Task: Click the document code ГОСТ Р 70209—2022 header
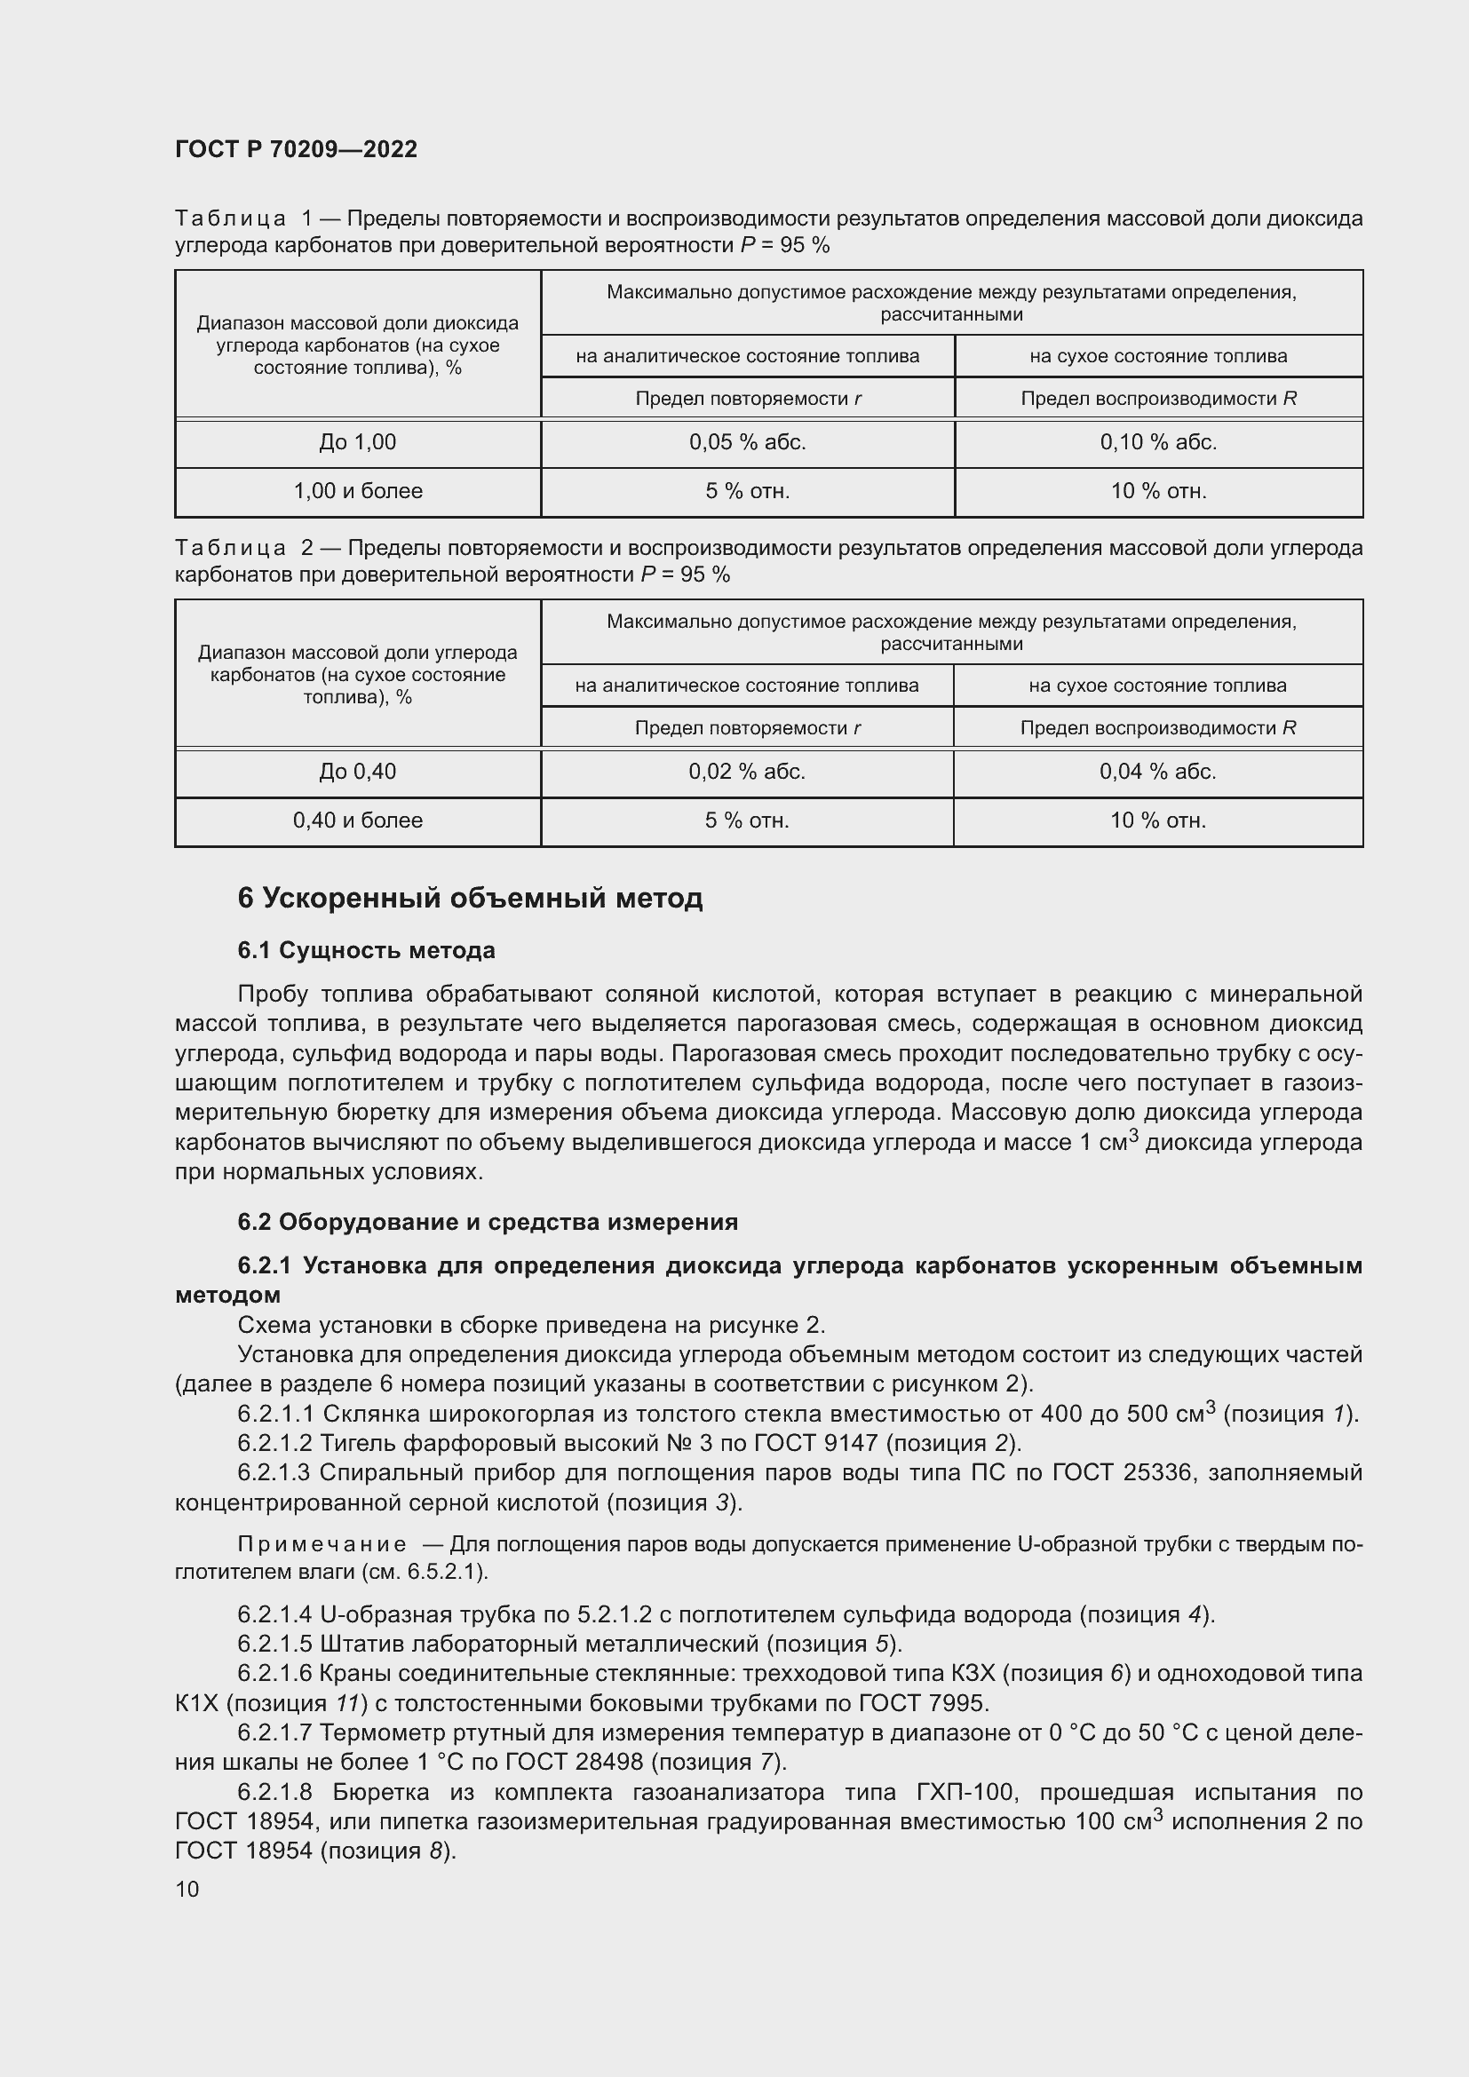point(296,149)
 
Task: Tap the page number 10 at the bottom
point(187,1889)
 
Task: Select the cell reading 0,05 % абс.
point(747,442)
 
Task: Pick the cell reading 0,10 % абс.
point(1158,442)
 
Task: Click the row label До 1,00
point(357,442)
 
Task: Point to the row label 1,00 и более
point(357,491)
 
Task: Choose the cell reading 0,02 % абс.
point(746,772)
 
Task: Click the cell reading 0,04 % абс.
point(1158,772)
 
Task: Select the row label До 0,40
point(357,772)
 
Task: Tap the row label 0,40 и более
point(357,820)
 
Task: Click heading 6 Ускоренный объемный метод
point(470,899)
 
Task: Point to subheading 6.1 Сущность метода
point(366,951)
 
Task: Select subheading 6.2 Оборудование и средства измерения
point(488,1222)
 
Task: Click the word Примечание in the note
point(322,1544)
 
